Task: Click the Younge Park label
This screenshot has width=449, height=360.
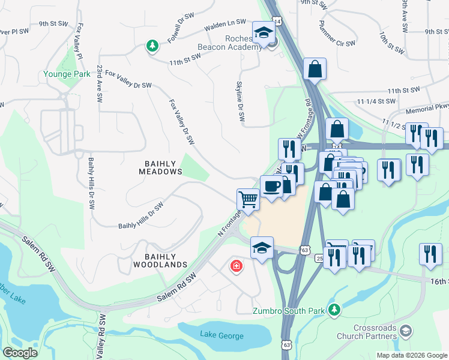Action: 66,74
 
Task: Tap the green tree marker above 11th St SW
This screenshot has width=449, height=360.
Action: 153,46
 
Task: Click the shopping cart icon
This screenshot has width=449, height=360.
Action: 248,199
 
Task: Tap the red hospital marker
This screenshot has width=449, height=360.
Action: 236,266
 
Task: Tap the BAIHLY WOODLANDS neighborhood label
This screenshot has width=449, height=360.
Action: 160,259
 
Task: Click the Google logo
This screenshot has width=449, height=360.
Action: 20,353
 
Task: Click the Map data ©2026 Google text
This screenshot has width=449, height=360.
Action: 411,355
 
